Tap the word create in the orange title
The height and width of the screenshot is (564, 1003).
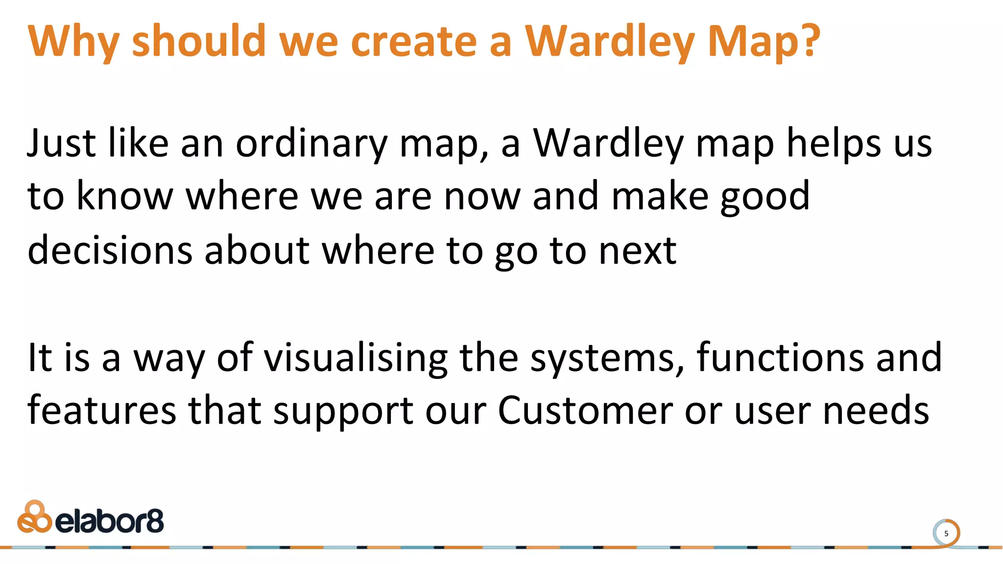click(x=413, y=41)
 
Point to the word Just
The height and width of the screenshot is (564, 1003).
click(x=62, y=143)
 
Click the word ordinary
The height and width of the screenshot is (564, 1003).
click(x=311, y=144)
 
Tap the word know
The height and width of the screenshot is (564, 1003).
click(x=125, y=196)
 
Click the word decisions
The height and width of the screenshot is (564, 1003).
click(x=110, y=250)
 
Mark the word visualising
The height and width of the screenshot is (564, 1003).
click(x=356, y=358)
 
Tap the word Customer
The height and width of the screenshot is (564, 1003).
click(x=585, y=410)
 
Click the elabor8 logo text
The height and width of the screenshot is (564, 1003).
click(x=109, y=521)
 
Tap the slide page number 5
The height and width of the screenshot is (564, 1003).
click(x=946, y=534)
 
